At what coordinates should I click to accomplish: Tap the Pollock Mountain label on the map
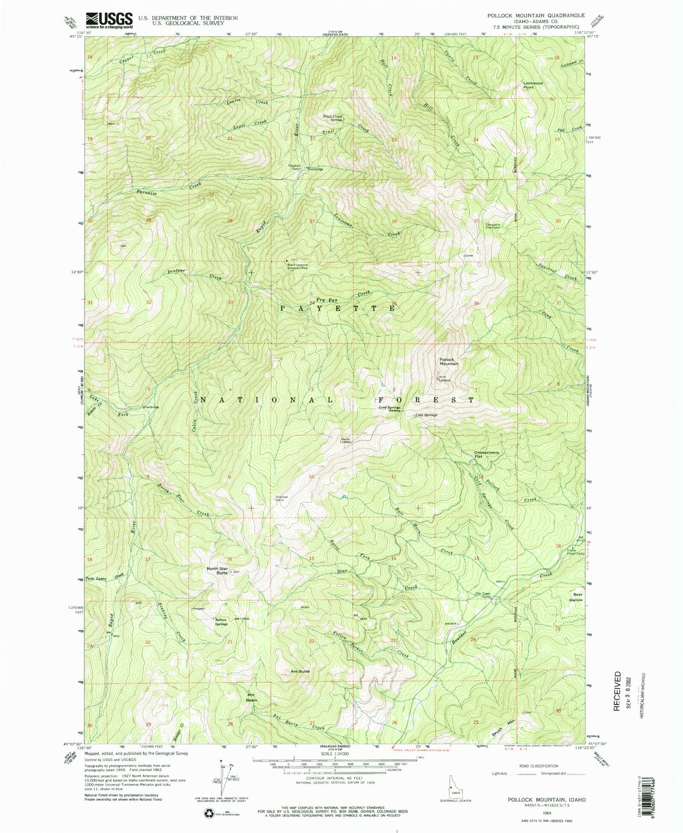448,361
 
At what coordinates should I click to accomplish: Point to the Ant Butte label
301,671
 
